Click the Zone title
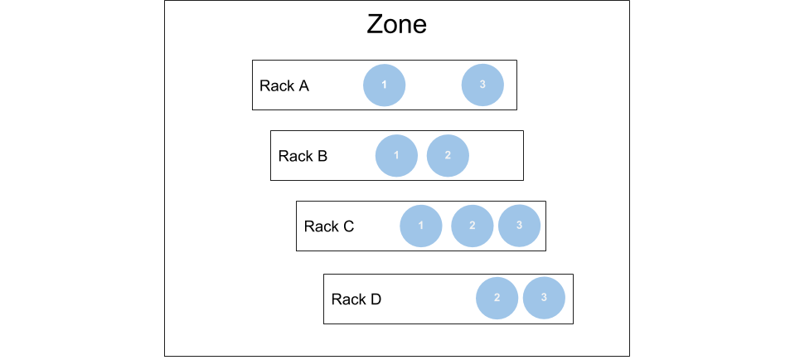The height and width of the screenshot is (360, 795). [x=396, y=24]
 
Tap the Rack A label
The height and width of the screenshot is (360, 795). [x=284, y=85]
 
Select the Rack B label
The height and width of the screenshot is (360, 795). [x=303, y=156]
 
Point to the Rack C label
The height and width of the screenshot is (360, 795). [x=329, y=226]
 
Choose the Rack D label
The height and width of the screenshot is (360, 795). [x=356, y=299]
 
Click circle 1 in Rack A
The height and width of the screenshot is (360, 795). [x=385, y=85]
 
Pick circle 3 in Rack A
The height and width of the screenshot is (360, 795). [x=482, y=85]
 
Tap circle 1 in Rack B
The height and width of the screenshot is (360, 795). [x=396, y=156]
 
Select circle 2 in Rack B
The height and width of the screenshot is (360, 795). [x=448, y=156]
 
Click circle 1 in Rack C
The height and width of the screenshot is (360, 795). [x=421, y=226]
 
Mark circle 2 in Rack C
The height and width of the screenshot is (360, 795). [x=472, y=226]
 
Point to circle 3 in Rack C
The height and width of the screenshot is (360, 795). [x=519, y=226]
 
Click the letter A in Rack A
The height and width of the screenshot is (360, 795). [x=303, y=85]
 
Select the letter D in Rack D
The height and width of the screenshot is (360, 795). [x=376, y=299]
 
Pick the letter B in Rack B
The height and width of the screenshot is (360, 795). [x=322, y=156]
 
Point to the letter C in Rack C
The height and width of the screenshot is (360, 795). [x=348, y=226]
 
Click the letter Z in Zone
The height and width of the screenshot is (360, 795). [x=376, y=24]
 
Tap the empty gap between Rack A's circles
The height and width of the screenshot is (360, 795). [x=434, y=85]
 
